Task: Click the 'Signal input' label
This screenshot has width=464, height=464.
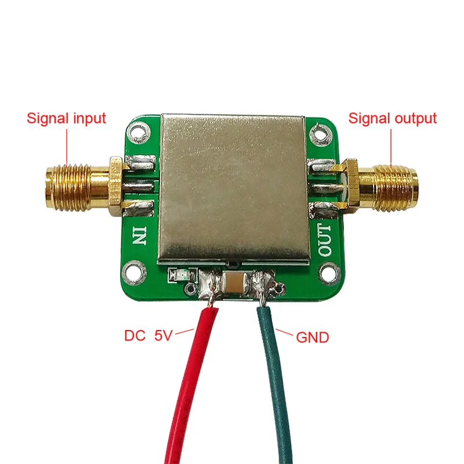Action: coord(66,118)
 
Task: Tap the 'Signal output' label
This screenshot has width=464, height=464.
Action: coord(391,118)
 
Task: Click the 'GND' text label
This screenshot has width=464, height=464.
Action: coord(313,336)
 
